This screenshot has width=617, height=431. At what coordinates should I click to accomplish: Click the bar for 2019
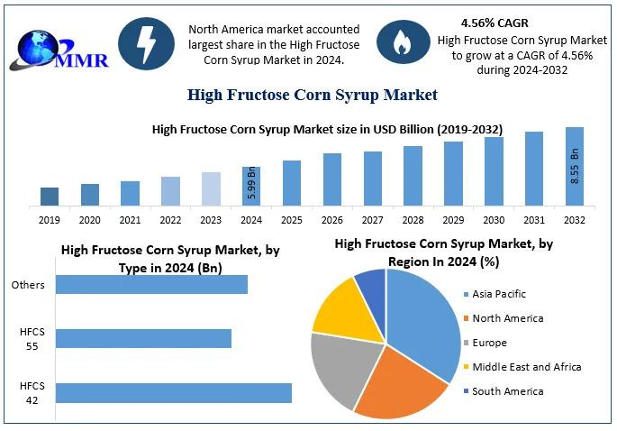[50, 197]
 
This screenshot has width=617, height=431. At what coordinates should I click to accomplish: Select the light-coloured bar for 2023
[211, 188]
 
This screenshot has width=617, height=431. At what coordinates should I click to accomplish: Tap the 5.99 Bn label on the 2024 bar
[252, 183]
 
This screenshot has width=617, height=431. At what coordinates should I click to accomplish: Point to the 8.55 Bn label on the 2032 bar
[575, 166]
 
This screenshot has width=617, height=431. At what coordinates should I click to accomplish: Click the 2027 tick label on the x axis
[372, 220]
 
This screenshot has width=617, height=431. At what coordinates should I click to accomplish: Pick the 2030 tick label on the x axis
[494, 220]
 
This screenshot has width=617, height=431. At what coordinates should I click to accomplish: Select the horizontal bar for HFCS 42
[174, 393]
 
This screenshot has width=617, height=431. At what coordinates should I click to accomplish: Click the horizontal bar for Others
[151, 284]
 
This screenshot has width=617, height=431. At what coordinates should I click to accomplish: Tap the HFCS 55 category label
[32, 339]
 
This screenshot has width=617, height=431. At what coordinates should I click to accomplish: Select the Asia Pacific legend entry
[495, 294]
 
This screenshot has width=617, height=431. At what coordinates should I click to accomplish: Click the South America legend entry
[504, 391]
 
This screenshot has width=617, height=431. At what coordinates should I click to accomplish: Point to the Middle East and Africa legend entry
[522, 367]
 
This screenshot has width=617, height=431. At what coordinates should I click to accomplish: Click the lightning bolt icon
[146, 43]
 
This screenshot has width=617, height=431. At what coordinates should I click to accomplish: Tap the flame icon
[403, 41]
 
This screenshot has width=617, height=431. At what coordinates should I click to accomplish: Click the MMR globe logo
[59, 51]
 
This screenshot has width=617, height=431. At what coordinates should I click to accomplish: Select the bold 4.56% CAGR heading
[495, 23]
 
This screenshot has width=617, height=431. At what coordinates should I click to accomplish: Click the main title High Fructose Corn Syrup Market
[312, 95]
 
